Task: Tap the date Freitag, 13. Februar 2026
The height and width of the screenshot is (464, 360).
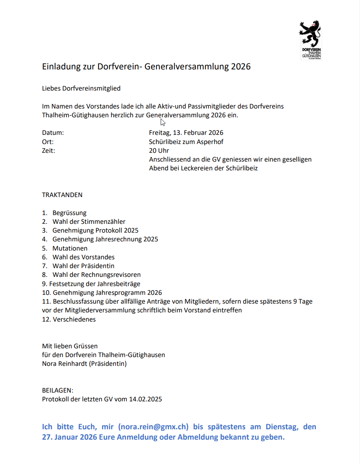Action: [186, 133]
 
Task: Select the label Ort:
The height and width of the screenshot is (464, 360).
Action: [48, 142]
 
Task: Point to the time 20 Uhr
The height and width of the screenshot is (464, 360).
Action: [159, 150]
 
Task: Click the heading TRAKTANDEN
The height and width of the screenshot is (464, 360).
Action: [62, 195]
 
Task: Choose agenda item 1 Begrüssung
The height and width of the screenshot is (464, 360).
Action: [69, 213]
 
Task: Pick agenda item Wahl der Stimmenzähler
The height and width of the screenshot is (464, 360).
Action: [89, 222]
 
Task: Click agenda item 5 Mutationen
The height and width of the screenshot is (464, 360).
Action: [70, 248]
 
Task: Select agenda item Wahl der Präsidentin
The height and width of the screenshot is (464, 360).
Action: [83, 266]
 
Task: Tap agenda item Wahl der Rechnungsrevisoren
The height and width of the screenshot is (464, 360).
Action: [96, 274]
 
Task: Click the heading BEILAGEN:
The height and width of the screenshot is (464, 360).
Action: [57, 390]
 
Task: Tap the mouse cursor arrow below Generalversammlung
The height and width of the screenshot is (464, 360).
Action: [163, 122]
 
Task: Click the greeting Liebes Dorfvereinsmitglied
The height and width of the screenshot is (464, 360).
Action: [81, 88]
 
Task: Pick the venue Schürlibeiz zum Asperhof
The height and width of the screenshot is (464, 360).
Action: [186, 142]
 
